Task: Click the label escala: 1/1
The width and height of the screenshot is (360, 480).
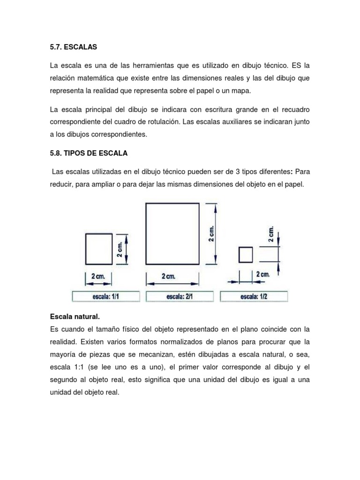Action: coord(106,296)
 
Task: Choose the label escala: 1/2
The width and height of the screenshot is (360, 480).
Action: coord(254,296)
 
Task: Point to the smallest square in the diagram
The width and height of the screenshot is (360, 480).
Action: coord(246,255)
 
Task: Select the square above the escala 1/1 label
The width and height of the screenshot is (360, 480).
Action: coord(99,249)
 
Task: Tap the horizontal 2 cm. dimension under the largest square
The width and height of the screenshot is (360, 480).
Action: coord(168,277)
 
